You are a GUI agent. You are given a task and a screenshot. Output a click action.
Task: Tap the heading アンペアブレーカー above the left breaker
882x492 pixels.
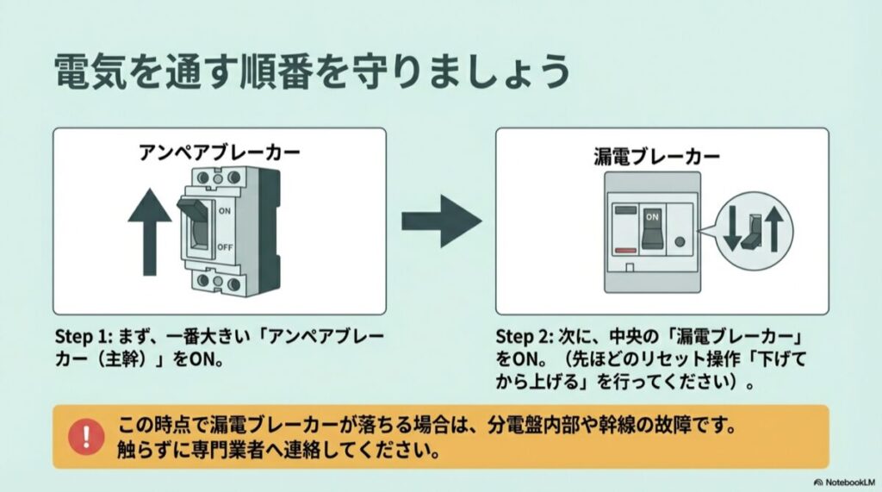(220, 153)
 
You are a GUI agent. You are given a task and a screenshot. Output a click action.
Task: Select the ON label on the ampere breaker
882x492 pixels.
(225, 209)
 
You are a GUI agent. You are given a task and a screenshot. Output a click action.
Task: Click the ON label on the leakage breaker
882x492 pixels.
(652, 218)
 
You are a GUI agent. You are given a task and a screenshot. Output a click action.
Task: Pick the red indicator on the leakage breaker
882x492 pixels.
(624, 250)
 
